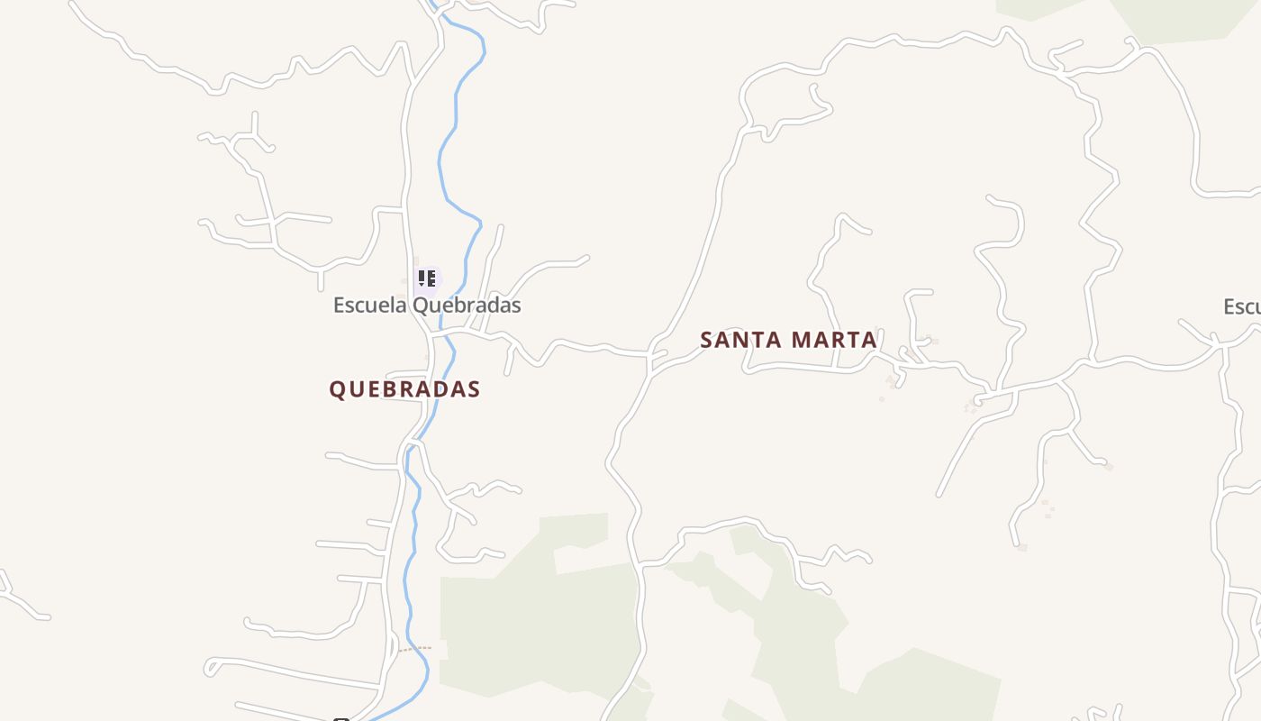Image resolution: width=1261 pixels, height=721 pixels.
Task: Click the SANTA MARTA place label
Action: pyautogui.click(x=788, y=340)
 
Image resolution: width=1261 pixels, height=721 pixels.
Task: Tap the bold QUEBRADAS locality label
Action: pyautogui.click(x=404, y=389)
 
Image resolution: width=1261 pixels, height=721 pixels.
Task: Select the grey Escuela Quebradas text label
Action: pyautogui.click(x=427, y=305)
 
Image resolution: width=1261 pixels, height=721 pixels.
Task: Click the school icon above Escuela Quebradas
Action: pyautogui.click(x=427, y=278)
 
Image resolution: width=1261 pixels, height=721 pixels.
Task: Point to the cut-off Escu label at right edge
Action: pyautogui.click(x=1242, y=306)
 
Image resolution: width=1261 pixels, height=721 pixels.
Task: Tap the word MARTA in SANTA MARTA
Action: pyautogui.click(x=835, y=340)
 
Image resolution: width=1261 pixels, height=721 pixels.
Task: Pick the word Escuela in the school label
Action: pyautogui.click(x=370, y=305)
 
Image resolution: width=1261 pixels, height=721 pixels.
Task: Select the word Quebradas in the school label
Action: pyautogui.click(x=467, y=305)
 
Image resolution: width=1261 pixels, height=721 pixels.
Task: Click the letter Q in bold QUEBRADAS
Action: pyautogui.click(x=337, y=389)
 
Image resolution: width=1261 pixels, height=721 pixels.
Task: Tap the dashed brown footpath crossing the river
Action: pyautogui.click(x=415, y=648)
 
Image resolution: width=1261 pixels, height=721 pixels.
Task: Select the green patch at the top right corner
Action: pyautogui.click(x=1189, y=18)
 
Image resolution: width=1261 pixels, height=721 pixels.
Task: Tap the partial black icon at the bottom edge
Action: pyautogui.click(x=340, y=718)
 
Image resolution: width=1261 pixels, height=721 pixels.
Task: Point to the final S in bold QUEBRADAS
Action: pyautogui.click(x=474, y=389)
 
